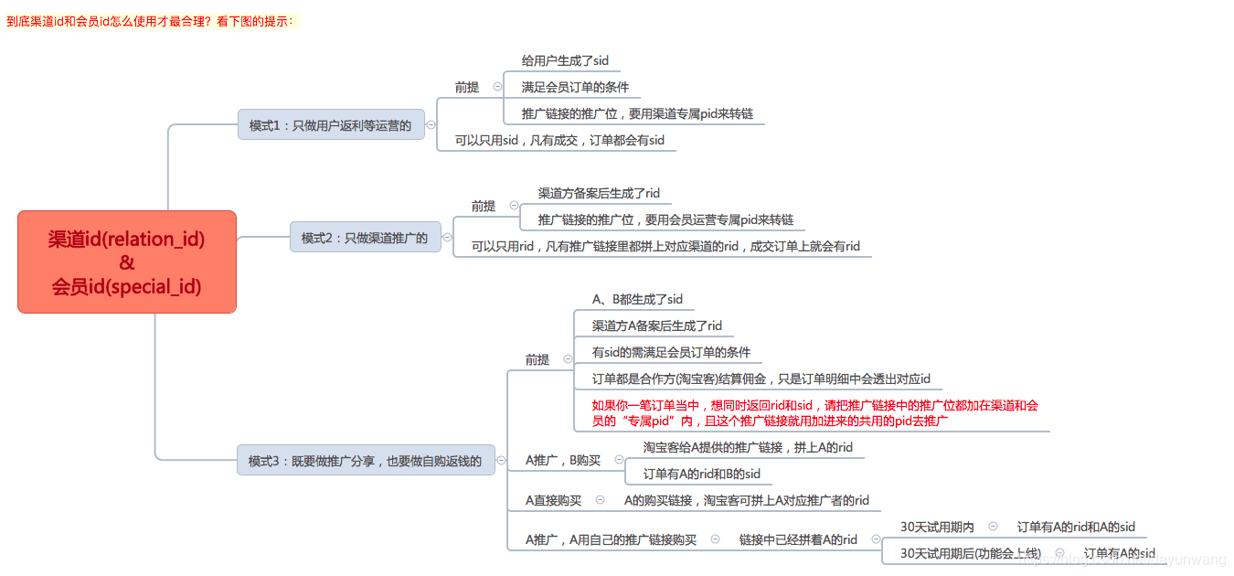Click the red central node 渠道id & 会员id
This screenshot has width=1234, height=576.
tap(127, 262)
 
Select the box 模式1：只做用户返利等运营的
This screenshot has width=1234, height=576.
tap(331, 125)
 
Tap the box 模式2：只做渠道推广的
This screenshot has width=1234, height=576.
tap(365, 238)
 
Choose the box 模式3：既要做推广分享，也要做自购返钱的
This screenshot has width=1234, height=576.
tap(365, 461)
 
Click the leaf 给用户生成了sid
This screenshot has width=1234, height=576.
tap(565, 61)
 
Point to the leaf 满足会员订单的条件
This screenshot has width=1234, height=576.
tap(575, 88)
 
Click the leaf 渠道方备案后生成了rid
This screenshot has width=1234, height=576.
tap(599, 194)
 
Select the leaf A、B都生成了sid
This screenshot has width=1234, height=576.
tap(637, 300)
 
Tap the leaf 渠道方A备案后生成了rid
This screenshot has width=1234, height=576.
tap(656, 326)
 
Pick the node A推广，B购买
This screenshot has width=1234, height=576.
tap(563, 461)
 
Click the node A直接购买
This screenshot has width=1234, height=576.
tap(553, 501)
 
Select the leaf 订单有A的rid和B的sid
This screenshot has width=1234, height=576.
tap(702, 475)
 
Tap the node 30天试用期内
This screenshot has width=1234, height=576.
tap(937, 528)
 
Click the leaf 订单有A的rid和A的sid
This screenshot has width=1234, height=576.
tap(1076, 528)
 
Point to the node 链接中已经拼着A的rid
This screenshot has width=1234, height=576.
tap(798, 540)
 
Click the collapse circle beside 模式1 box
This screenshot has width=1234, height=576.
tap(431, 125)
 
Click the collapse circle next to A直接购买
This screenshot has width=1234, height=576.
tap(600, 500)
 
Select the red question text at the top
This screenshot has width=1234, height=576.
tap(152, 21)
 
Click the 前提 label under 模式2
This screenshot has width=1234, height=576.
tap(484, 207)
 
